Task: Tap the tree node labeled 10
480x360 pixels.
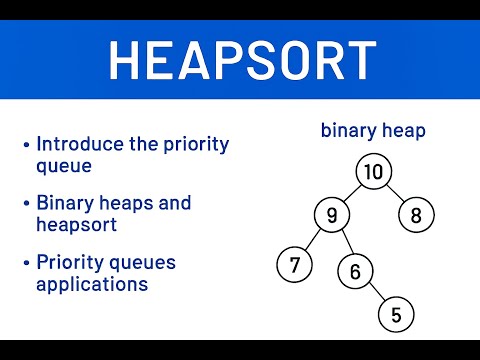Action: coord(372,172)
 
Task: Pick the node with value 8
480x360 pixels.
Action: coord(414,214)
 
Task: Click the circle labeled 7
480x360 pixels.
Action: coord(294,265)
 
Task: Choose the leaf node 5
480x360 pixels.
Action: coord(396,315)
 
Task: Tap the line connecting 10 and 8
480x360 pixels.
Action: coord(394,193)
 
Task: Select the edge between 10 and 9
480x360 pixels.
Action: coord(351,193)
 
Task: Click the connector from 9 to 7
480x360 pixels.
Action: coord(312,240)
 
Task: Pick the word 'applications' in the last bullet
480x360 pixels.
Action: coord(92,283)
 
